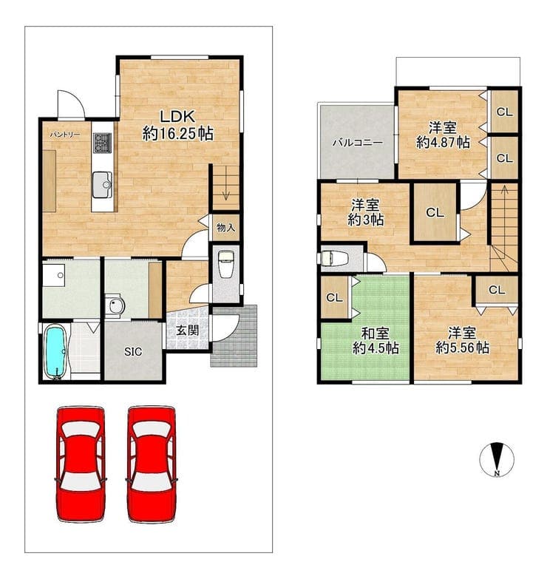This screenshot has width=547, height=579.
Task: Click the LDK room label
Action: pos(177,117)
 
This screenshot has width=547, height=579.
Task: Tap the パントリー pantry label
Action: pos(65,135)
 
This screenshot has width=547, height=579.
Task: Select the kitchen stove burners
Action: pos(103,143)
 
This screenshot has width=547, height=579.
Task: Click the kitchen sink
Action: pos(102,185)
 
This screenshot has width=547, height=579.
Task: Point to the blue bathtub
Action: pos(56,352)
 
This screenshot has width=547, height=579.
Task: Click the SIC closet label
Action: pos(133,352)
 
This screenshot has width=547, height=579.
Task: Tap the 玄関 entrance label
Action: pos(187,331)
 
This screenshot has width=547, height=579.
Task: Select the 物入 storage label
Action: pos(226,227)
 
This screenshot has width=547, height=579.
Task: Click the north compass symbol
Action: pos(497,459)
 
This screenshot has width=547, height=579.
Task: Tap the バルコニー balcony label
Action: pos(357,143)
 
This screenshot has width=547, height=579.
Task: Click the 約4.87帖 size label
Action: pos(443,142)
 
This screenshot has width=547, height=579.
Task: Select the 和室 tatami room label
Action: pos(375,333)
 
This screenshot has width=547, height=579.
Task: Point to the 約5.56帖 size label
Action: pos(462,348)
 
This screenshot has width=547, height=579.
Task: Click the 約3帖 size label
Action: pos(366,220)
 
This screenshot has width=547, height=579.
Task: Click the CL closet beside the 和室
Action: pos(335,297)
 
